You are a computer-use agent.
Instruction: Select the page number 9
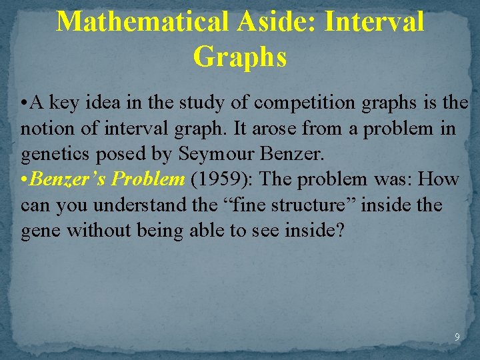click(x=457, y=337)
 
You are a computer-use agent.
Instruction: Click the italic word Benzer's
click(x=67, y=179)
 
